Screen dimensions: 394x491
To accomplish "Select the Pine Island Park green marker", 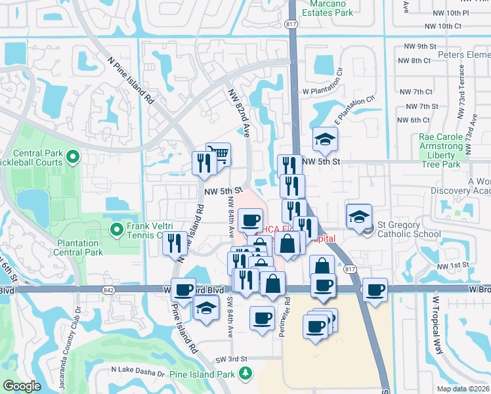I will coord(245,374).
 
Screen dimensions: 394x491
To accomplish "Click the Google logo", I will coord(22,386).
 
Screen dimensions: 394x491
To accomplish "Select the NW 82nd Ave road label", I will coord(239,112).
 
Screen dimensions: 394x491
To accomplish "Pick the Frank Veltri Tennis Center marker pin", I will coord(117,229).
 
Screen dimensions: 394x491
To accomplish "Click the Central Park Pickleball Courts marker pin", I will coord(73,157).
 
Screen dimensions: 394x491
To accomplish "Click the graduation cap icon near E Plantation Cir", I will coord(324,139).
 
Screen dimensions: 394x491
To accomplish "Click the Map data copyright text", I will coord(462,389).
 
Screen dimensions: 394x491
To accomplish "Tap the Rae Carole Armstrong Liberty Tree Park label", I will coord(446,150).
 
